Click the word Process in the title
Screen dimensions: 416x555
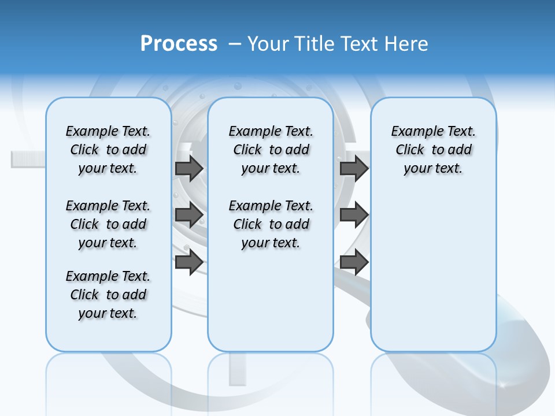pos(179,43)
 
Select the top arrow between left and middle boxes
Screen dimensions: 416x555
pos(189,168)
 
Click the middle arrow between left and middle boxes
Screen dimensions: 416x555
pos(189,215)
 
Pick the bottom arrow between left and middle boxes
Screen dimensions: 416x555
pos(189,262)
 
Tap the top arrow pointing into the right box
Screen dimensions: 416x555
pos(354,168)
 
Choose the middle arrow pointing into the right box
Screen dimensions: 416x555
pos(354,215)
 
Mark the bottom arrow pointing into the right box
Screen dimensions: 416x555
pos(354,262)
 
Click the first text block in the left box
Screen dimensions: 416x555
pos(108,150)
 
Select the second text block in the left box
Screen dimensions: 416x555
pos(108,224)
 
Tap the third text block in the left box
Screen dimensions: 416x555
pos(108,295)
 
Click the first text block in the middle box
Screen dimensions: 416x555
pos(271,150)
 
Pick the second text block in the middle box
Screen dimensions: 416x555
pos(271,224)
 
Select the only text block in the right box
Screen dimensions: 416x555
pos(433,150)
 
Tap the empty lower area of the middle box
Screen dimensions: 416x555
pos(271,300)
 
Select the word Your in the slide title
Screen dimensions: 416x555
pos(268,44)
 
